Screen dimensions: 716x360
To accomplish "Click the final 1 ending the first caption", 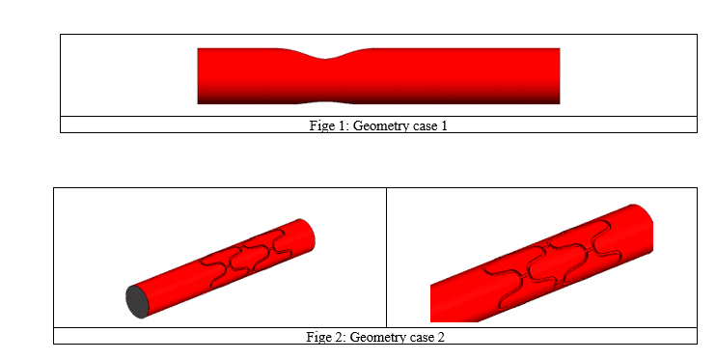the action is click(444, 125).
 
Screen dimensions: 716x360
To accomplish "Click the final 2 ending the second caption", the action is click(441, 336).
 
